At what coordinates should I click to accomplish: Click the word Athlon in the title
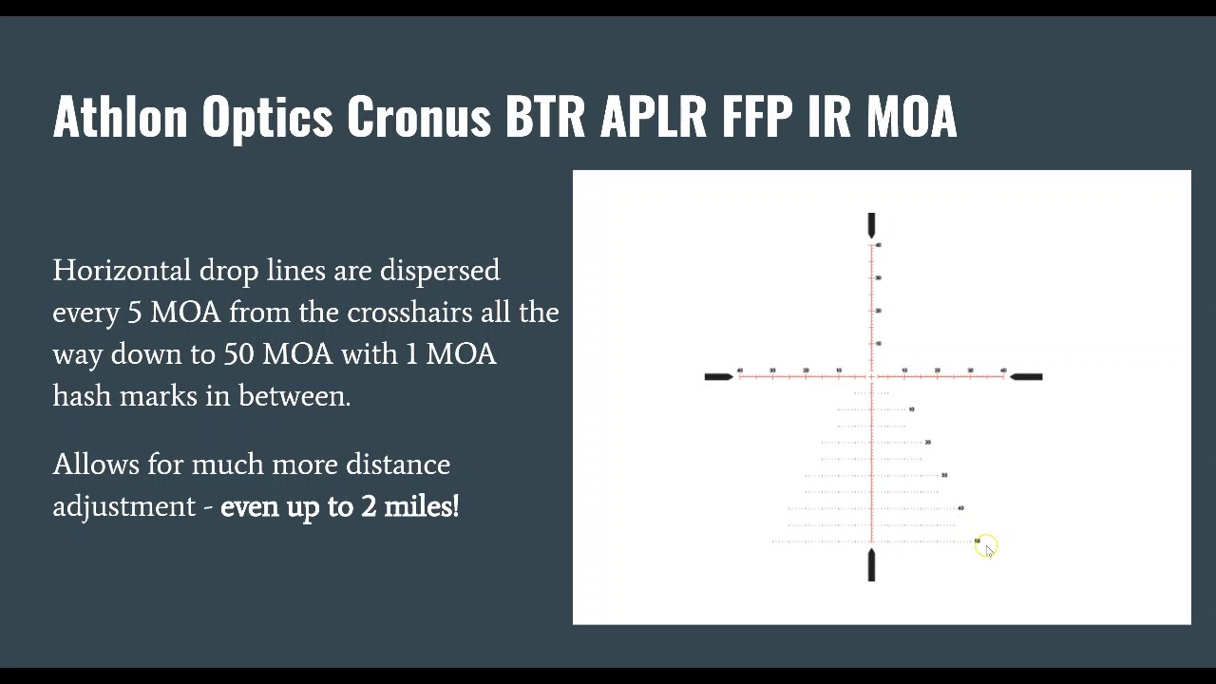point(120,117)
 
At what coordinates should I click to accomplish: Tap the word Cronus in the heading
point(418,117)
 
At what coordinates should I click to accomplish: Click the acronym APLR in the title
point(654,117)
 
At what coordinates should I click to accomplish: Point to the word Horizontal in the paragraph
point(122,271)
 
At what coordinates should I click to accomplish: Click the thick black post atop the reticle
point(871,225)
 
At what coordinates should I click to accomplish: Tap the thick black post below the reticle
point(871,564)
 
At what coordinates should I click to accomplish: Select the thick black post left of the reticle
point(718,377)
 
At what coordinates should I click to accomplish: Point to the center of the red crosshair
point(871,377)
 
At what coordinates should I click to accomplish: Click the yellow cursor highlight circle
point(985,546)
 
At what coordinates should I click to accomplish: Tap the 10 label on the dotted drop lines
point(911,409)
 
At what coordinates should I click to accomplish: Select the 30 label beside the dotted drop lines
point(943,475)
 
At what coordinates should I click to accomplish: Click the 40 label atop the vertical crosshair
point(878,245)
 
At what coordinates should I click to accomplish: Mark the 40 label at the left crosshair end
point(740,370)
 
